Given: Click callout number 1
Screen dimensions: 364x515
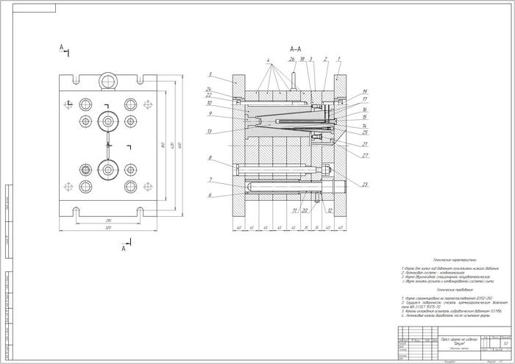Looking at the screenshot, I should (x=338, y=59).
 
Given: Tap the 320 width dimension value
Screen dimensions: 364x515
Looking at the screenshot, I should (x=107, y=229).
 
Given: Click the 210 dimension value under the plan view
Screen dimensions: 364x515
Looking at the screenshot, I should (x=107, y=221).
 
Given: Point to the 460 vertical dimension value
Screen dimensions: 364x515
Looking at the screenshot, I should (x=180, y=144).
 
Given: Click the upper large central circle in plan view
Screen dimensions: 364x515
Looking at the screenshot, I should (x=108, y=121).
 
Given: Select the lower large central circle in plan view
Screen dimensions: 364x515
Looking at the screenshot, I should (x=108, y=170).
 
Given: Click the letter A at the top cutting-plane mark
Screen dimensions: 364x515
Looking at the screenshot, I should (x=62, y=47).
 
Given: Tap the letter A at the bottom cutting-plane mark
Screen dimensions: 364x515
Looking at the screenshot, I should (x=124, y=249).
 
